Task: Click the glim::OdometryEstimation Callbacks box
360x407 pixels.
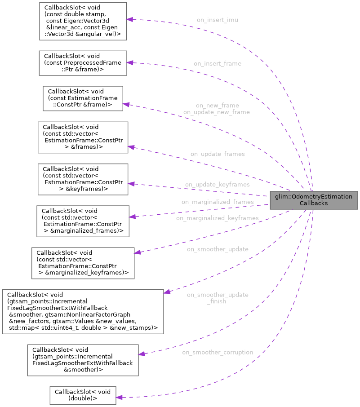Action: point(314,199)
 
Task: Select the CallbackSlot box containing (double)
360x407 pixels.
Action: point(83,394)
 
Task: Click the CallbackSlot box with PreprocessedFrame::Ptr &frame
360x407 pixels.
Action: point(83,63)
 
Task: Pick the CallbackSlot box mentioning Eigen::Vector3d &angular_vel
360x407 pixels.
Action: point(82,21)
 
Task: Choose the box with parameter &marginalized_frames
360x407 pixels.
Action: point(83,221)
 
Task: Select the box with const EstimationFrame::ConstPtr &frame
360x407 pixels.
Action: point(83,98)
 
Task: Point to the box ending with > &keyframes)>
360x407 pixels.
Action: point(83,179)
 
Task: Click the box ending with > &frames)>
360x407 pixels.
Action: point(83,137)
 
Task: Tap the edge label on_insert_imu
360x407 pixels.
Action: point(217,20)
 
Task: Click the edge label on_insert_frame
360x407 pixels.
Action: point(217,64)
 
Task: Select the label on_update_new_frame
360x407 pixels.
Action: point(216,112)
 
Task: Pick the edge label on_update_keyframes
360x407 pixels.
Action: point(217,185)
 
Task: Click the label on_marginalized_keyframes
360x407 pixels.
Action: point(217,218)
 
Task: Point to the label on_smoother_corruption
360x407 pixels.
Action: point(217,352)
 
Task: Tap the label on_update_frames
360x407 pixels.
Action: point(217,154)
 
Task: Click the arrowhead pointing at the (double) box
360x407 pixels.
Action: point(120,397)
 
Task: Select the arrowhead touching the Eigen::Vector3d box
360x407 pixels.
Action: point(129,20)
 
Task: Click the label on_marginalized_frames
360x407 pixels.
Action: point(217,202)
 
